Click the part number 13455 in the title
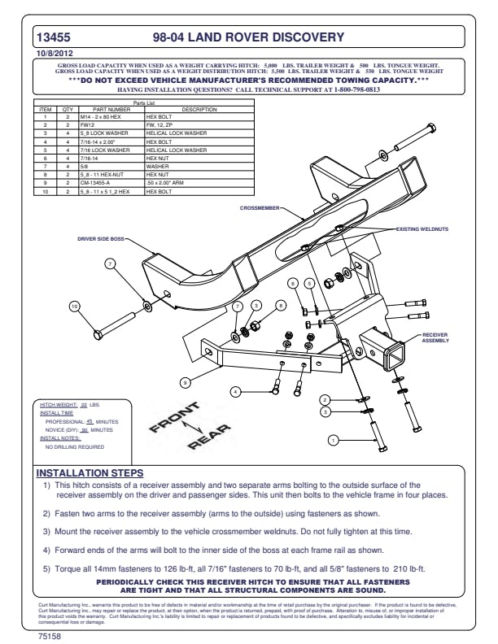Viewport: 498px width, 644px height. (x=54, y=37)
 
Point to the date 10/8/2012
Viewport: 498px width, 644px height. (x=50, y=53)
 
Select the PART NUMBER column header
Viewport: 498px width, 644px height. (x=111, y=109)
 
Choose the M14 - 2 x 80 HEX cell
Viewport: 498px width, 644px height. (x=99, y=117)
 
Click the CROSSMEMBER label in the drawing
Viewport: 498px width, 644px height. (x=259, y=208)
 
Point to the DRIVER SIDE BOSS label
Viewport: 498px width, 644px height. (x=102, y=239)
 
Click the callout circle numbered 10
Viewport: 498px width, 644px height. (x=75, y=306)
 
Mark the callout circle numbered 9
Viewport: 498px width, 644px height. (x=186, y=381)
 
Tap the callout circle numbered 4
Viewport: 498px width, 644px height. (x=235, y=392)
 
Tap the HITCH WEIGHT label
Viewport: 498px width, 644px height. (x=59, y=404)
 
